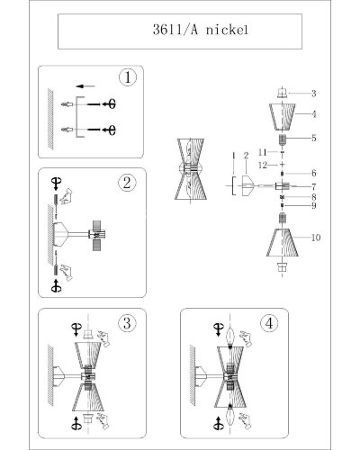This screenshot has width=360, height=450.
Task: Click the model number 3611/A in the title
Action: coord(175,30)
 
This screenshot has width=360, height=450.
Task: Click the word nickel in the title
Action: coord(227,30)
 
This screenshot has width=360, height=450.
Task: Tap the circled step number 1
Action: coord(128,77)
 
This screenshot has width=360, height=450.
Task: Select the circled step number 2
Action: coord(127,183)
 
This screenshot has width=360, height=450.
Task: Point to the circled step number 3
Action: coord(127,323)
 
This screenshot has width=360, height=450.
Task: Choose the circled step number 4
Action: coord(269,323)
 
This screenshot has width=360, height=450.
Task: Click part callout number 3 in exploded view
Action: coord(313,94)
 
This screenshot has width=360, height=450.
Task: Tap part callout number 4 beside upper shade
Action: coord(314,114)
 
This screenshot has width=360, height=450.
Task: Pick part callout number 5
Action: coord(314,138)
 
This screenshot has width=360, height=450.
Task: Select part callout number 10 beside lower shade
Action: coord(316,238)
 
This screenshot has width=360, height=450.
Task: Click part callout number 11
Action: coord(263,152)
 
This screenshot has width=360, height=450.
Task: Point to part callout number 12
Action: coord(263,165)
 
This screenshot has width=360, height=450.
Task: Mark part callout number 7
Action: coord(314,187)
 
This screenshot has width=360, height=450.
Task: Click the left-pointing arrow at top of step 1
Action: coord(85,86)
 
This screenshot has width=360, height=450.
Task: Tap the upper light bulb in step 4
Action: coord(229,337)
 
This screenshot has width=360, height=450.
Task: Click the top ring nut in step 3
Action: coord(87,334)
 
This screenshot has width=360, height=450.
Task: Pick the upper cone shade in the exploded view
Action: coord(282,117)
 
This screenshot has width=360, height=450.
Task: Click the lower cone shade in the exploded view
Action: coord(283,242)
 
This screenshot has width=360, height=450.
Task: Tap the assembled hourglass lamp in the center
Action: coord(191,169)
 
